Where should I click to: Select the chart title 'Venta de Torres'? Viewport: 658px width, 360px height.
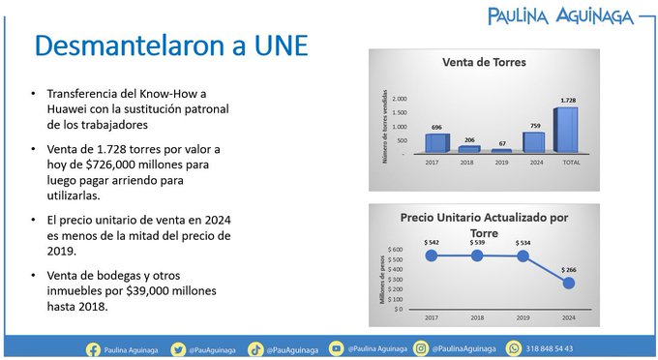(484, 63)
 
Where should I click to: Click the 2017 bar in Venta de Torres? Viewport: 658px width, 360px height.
(437, 143)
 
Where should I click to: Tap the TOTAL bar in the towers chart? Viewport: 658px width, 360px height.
(566, 130)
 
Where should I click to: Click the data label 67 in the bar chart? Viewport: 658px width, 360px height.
(502, 142)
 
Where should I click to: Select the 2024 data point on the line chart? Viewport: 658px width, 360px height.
(568, 283)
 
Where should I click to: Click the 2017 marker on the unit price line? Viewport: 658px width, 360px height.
(431, 255)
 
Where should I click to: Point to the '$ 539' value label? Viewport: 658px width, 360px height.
(476, 241)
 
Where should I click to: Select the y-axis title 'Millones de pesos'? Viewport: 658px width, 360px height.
(384, 281)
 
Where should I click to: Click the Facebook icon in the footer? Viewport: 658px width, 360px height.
(94, 348)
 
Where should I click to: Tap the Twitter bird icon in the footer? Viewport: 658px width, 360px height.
(178, 348)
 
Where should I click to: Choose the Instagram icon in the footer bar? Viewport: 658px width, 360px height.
(422, 348)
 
